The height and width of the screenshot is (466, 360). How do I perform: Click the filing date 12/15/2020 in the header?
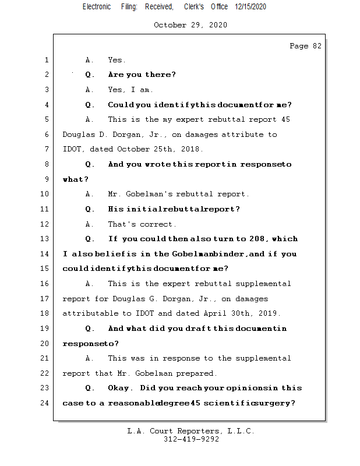tap(250, 6)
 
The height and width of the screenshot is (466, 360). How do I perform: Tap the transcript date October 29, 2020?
tap(190, 25)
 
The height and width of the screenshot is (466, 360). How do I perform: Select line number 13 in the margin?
tap(45, 239)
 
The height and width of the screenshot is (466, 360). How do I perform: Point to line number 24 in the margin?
tap(45, 403)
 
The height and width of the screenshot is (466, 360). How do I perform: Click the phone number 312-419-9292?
tap(191, 439)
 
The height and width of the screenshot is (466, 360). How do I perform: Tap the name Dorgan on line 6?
tap(118, 135)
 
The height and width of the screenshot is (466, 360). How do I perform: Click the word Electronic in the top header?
tap(97, 6)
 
